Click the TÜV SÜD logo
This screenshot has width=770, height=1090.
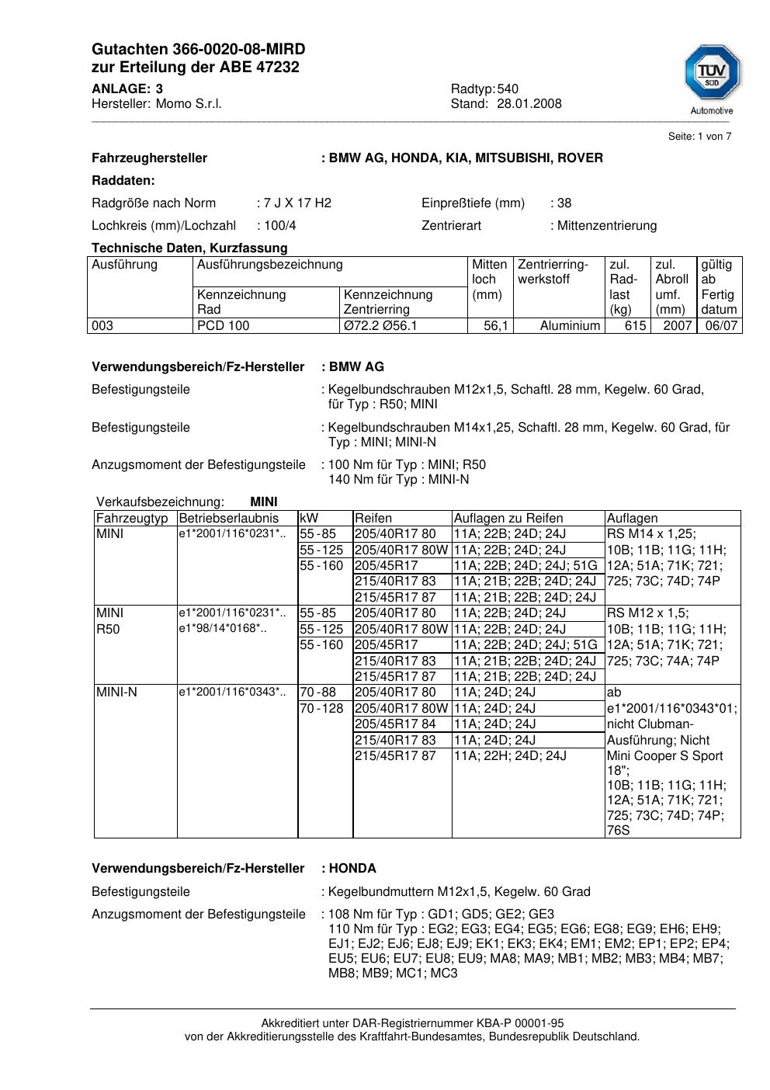click(711, 76)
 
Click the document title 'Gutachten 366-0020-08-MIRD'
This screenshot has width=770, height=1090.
click(198, 49)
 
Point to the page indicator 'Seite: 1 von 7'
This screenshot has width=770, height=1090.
click(699, 137)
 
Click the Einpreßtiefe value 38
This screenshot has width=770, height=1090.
click(564, 203)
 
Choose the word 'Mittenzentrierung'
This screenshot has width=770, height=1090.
click(607, 226)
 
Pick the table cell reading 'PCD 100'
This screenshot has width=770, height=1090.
click(224, 326)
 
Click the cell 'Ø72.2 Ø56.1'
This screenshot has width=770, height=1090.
click(380, 326)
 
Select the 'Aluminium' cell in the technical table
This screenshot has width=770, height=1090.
click(570, 326)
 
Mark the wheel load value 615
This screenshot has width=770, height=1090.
click(635, 326)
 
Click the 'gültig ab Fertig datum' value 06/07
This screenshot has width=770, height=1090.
click(721, 326)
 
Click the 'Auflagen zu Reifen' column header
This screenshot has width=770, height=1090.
click(508, 519)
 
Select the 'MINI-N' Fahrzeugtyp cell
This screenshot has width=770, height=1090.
click(116, 693)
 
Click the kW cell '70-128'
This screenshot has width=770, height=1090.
click(321, 709)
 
